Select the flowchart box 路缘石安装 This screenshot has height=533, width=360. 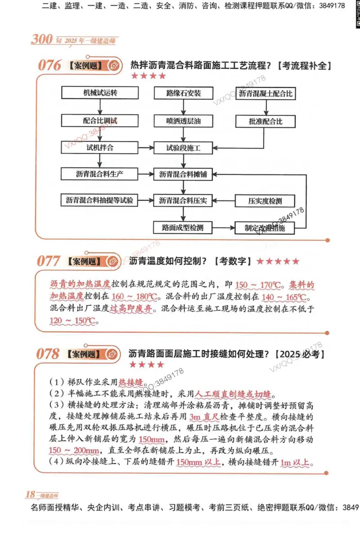pos(183,93)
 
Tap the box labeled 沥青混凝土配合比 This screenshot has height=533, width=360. pos(265,94)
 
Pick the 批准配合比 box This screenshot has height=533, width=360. pos(265,121)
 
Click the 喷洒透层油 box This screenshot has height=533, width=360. pos(183,121)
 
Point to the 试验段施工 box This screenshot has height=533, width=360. pos(183,148)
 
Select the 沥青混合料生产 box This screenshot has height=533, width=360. pos(99,174)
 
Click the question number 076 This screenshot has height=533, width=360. pos(49,66)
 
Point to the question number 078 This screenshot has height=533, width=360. pos(48,354)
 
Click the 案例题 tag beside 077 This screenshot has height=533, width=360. pos(84,262)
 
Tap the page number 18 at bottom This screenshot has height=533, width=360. pos(30,494)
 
